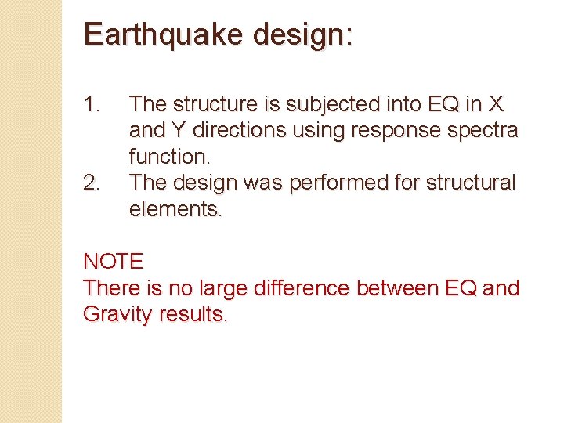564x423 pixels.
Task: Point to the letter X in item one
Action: [x=494, y=104]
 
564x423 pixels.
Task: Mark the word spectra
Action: [x=482, y=130]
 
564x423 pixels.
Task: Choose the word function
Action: [x=168, y=157]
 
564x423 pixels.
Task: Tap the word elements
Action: [x=176, y=209]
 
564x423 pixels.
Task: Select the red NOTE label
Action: [x=113, y=262]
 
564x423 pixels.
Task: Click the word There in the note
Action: [x=113, y=288]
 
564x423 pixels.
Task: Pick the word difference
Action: [x=302, y=288]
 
